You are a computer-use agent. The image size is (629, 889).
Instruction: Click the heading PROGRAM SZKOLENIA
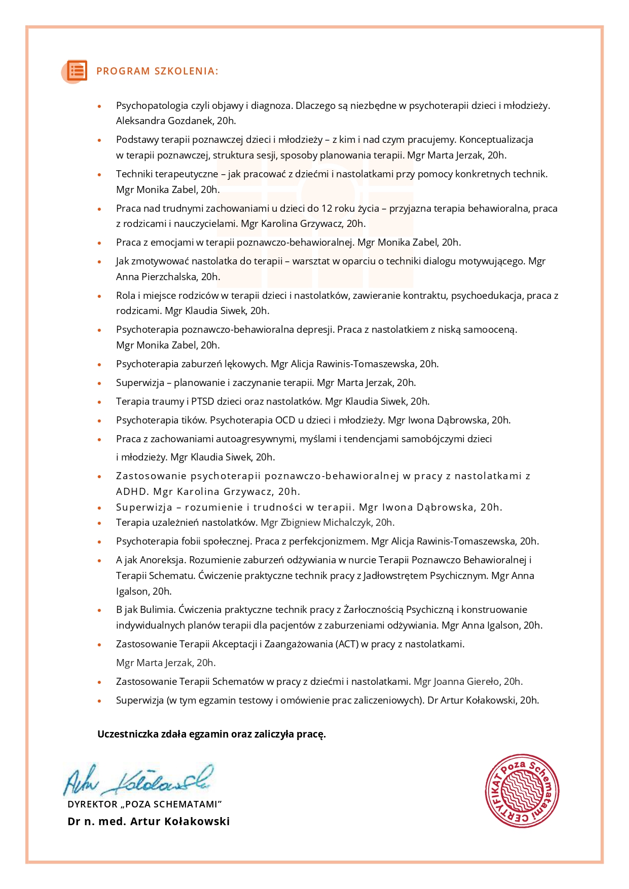(157, 71)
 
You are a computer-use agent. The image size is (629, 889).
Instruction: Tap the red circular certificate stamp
(522, 791)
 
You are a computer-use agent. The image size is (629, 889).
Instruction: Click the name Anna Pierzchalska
(156, 277)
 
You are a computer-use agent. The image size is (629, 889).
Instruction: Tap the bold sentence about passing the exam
(211, 735)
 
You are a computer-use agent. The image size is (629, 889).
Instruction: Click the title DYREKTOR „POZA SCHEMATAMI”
(145, 804)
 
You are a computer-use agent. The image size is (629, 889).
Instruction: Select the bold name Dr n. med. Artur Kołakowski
(149, 822)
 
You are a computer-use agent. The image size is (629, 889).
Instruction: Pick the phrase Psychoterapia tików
(162, 420)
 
